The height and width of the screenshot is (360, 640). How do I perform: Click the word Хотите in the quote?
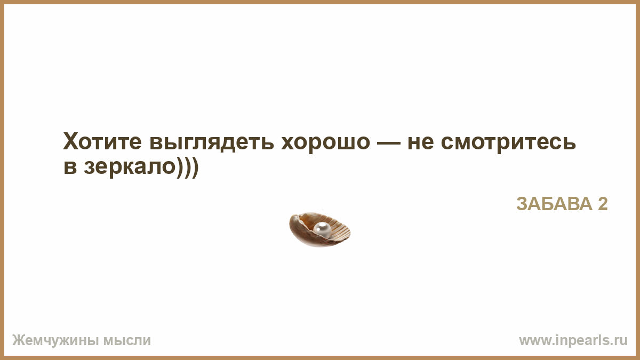click(102, 141)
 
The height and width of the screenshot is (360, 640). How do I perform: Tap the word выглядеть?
click(212, 143)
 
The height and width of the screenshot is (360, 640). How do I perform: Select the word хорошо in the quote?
click(326, 143)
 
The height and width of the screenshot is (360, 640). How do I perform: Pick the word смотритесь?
click(508, 143)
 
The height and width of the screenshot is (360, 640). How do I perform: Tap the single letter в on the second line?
click(70, 167)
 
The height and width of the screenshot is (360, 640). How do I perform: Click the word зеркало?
click(130, 168)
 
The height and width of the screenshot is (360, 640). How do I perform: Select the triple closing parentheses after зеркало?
click(187, 167)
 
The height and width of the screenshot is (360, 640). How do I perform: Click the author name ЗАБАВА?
click(554, 204)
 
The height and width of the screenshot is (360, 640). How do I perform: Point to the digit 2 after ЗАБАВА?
click(603, 204)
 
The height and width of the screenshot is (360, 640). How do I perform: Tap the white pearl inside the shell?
click(322, 230)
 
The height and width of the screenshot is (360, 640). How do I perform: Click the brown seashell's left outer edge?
click(291, 226)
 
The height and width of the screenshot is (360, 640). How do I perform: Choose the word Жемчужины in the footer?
click(55, 341)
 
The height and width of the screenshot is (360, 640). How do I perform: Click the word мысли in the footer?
click(127, 341)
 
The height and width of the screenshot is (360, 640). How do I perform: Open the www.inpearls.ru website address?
click(573, 341)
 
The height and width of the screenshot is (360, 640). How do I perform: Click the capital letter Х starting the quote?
click(71, 141)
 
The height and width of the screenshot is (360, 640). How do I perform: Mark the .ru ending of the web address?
click(620, 341)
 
